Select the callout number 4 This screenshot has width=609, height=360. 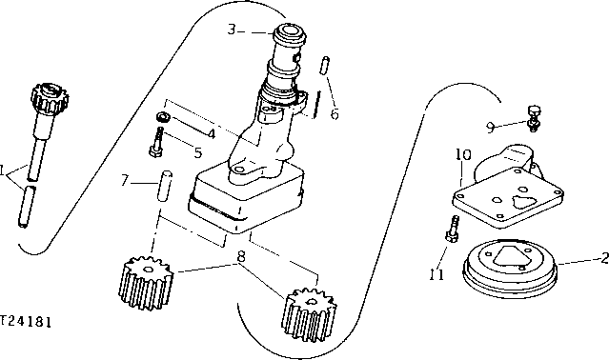[211, 133]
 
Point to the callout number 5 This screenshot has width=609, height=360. [197, 150]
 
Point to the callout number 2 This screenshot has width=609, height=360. [601, 257]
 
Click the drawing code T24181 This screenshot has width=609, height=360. [26, 321]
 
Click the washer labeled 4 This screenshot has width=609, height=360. [162, 117]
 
